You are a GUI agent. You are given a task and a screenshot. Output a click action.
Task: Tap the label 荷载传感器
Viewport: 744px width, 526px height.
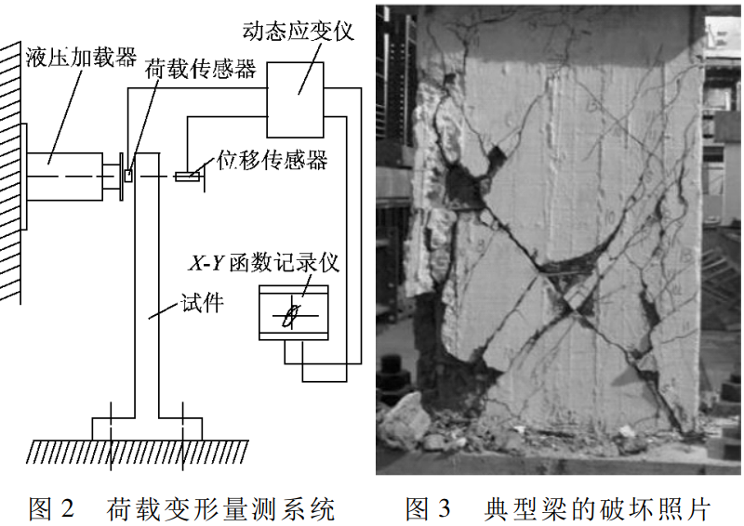[200, 69]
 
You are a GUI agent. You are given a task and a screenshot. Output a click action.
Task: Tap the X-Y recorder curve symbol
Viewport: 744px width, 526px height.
[293, 315]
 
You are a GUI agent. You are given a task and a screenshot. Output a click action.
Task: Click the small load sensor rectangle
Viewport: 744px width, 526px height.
[128, 174]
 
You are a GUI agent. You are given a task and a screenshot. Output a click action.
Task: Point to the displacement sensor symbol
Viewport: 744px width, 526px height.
[188, 176]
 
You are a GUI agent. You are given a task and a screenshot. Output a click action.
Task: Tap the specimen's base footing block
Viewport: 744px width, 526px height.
[146, 429]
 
